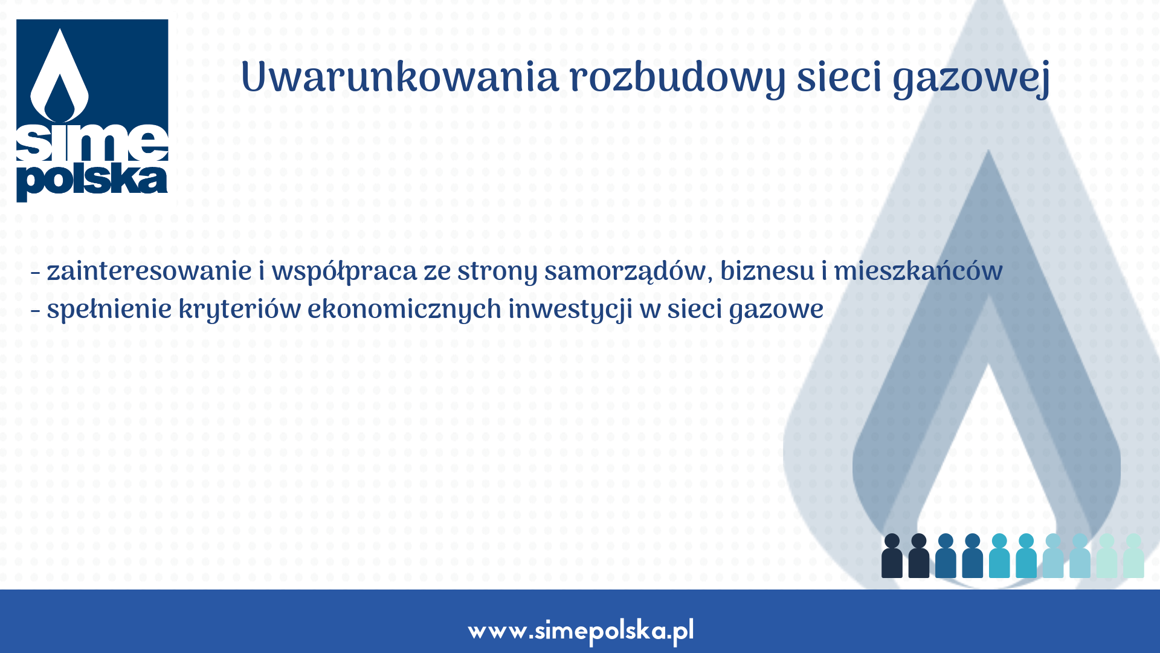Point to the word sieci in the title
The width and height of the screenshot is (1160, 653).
[x=839, y=78]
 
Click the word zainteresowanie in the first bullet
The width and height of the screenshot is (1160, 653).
[x=149, y=271]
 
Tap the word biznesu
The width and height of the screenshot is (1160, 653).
[x=767, y=271]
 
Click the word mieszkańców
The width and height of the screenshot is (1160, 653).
[x=918, y=271]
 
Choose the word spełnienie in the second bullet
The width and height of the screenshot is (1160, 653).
[x=109, y=310]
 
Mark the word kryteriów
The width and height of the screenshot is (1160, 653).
[x=239, y=310]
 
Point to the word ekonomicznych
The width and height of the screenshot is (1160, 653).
[x=404, y=310]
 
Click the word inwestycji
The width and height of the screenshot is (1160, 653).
[x=570, y=310]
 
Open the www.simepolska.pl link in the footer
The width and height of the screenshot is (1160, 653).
[x=581, y=631]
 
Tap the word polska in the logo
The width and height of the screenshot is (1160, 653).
[x=92, y=180]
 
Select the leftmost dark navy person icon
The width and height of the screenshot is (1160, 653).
[x=892, y=556]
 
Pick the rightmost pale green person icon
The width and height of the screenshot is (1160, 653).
[x=1133, y=556]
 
